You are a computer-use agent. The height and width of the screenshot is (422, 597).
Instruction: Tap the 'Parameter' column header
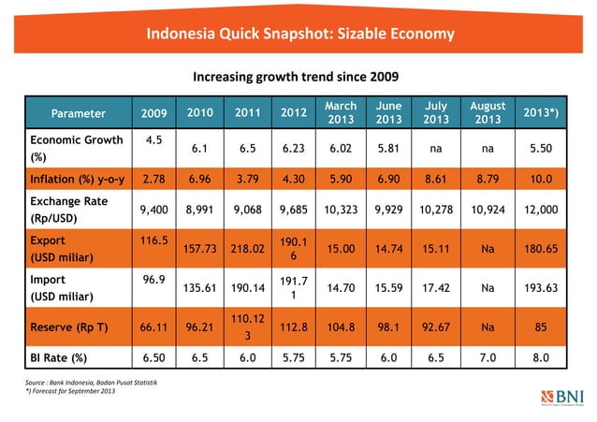pyautogui.click(x=78, y=114)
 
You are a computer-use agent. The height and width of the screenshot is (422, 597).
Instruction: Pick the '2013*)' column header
pyautogui.click(x=540, y=113)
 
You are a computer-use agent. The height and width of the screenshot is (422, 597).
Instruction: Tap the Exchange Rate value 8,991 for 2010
pyautogui.click(x=197, y=211)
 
